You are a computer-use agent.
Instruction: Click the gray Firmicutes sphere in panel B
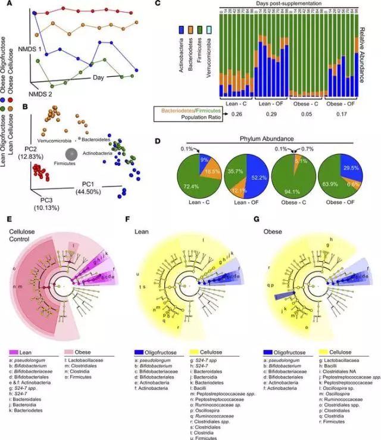pyautogui.click(x=71, y=154)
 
